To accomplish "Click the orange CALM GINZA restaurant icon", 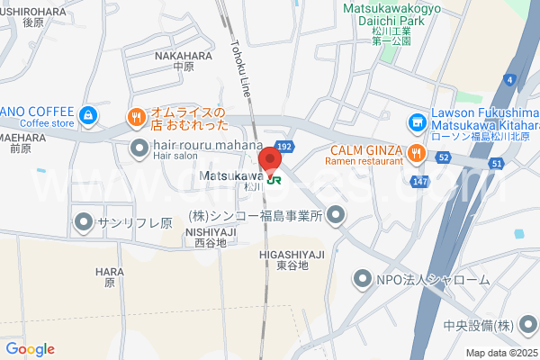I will (416, 153).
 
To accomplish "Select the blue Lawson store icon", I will (416, 121).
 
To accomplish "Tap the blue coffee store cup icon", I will (86, 115).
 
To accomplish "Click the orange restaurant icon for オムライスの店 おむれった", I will (136, 116).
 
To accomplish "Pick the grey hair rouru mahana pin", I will (139, 147).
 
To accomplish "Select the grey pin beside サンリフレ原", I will (84, 220).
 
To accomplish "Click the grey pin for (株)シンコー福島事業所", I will (336, 214).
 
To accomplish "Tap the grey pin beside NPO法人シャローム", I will (363, 279).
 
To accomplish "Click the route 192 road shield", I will (284, 145).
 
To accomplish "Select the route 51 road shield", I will (497, 163).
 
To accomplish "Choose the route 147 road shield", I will (420, 181).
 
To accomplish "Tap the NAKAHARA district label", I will (184, 59).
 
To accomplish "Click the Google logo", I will (30, 349).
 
